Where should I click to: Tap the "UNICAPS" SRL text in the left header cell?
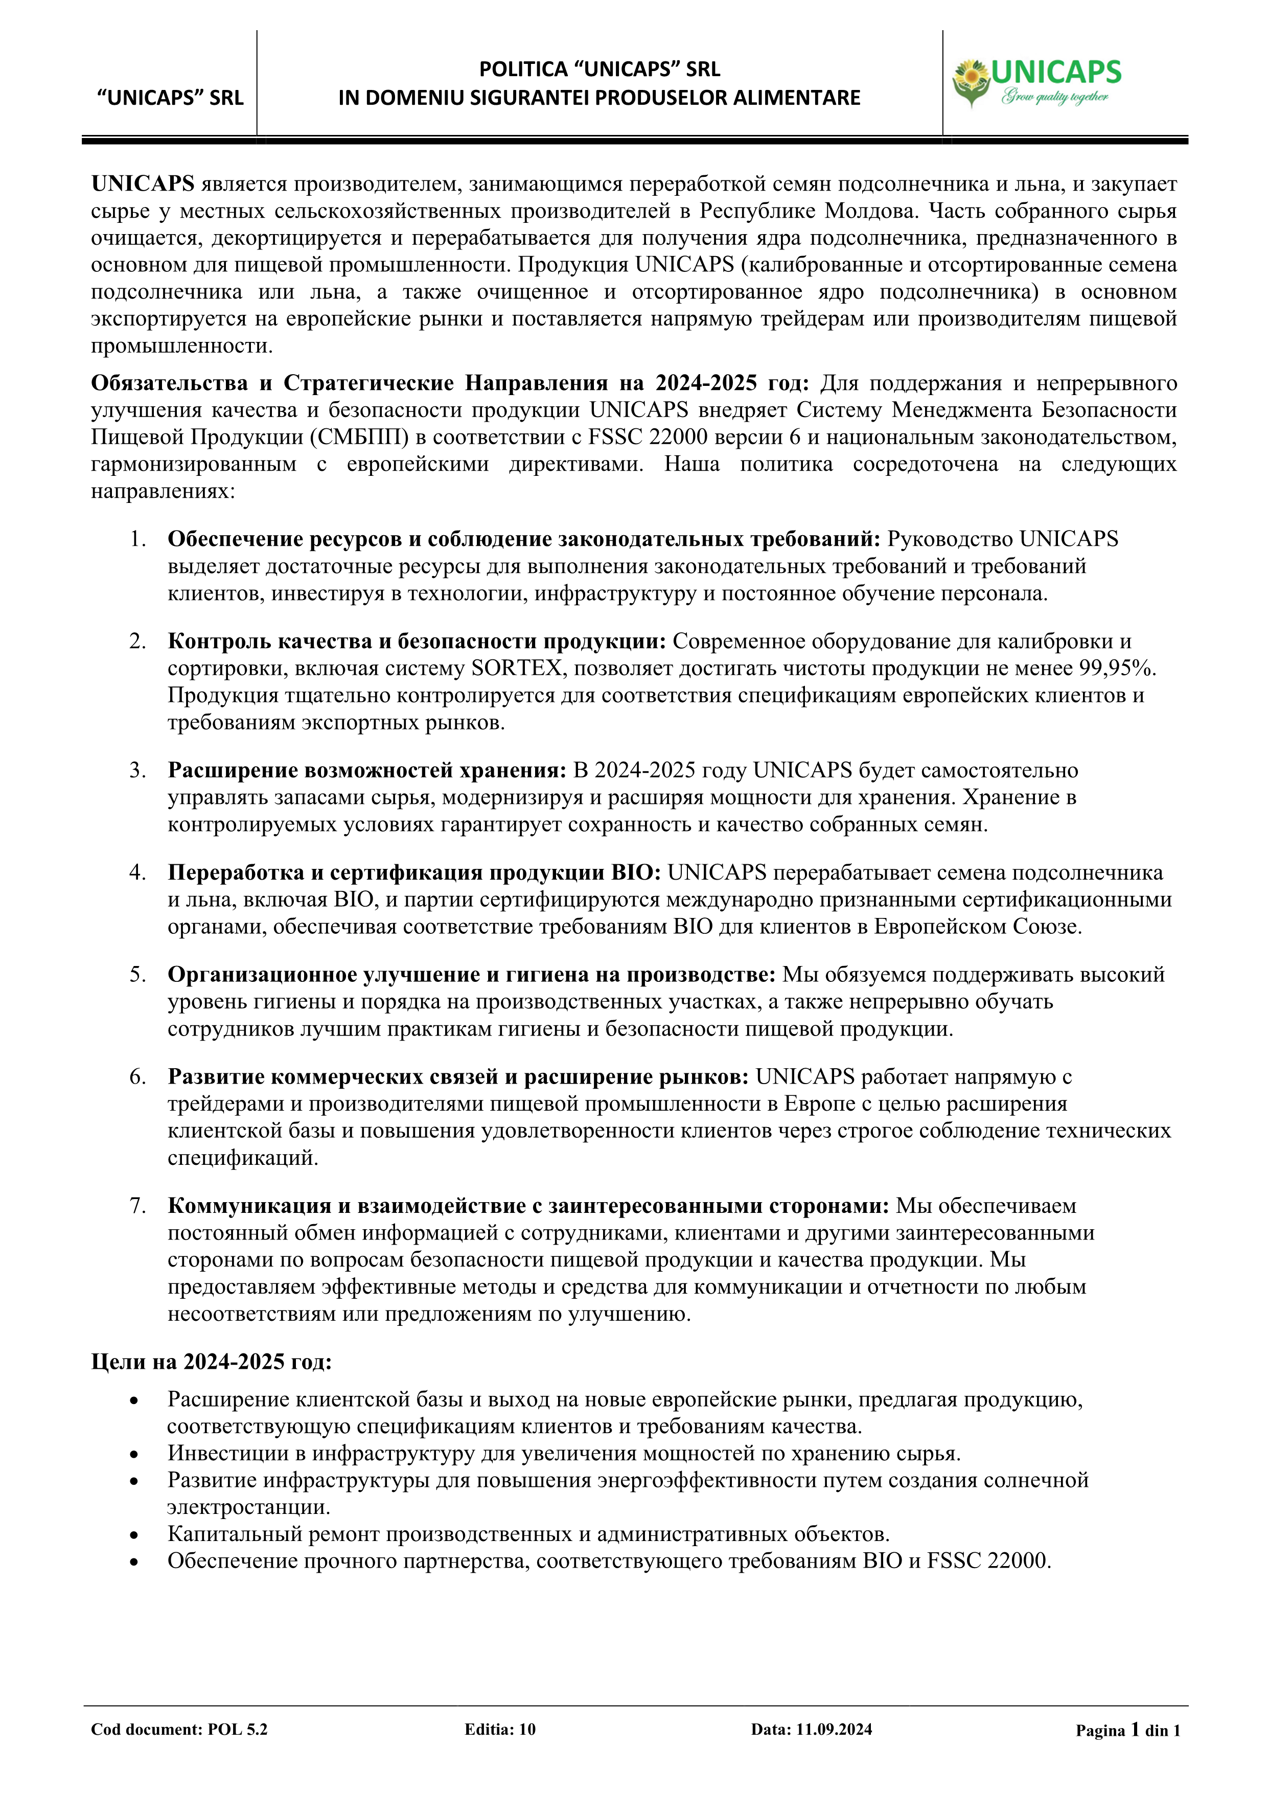pyautogui.click(x=170, y=98)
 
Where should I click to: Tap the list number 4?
pyautogui.click(x=137, y=872)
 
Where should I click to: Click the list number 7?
pyautogui.click(x=137, y=1206)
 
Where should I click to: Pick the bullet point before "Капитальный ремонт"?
pyautogui.click(x=134, y=1534)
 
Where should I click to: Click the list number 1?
pyautogui.click(x=137, y=539)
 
